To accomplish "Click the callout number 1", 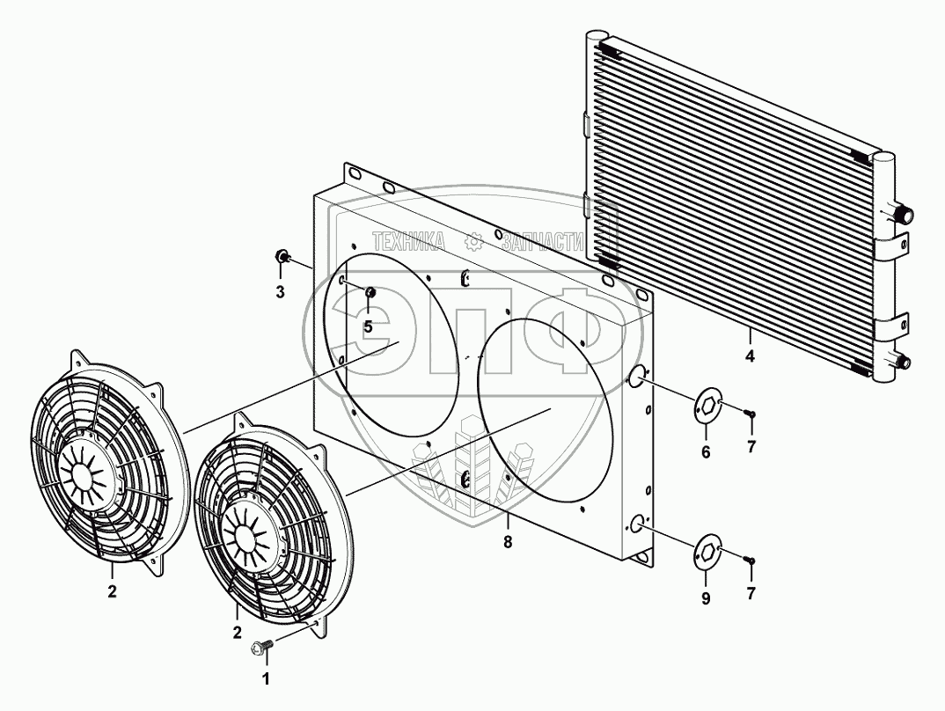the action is [x=265, y=679].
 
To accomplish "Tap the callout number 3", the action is [x=281, y=293].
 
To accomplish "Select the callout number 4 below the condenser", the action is [x=750, y=356].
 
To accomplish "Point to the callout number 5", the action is [x=368, y=327].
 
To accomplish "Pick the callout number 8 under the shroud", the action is [x=508, y=542].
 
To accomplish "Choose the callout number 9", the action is [x=706, y=598].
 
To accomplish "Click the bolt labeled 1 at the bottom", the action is [x=260, y=648].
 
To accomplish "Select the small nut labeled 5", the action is [x=370, y=292].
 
